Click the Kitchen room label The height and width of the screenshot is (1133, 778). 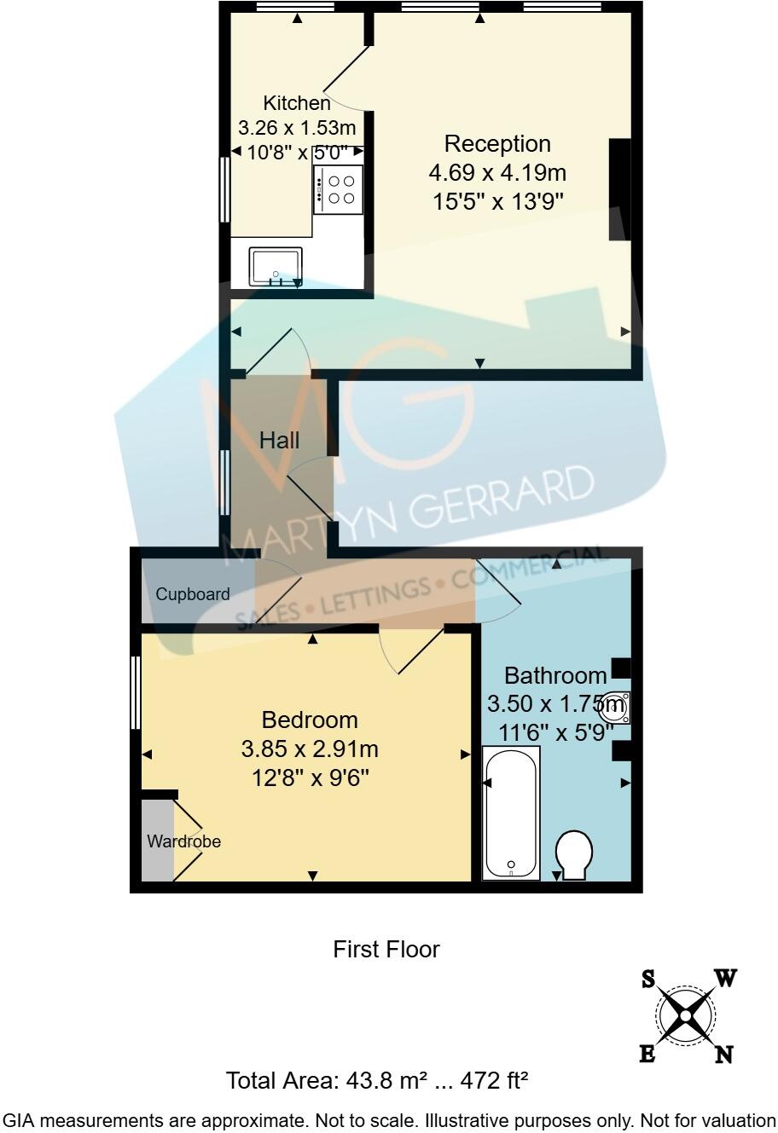click(x=296, y=103)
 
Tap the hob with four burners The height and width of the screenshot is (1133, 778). click(x=339, y=189)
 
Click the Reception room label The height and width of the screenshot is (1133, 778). click(x=497, y=143)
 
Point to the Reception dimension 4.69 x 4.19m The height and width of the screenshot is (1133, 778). click(x=497, y=173)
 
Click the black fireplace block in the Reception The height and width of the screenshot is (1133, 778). click(x=619, y=189)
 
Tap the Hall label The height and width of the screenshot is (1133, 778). click(x=280, y=440)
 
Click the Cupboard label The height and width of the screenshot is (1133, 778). click(x=193, y=594)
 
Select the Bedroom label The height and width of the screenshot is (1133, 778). click(x=310, y=720)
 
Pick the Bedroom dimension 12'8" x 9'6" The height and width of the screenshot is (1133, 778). click(x=310, y=778)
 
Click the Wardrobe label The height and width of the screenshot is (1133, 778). click(x=183, y=841)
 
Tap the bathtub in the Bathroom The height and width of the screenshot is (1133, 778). click(x=511, y=812)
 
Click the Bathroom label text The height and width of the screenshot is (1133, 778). click(x=555, y=676)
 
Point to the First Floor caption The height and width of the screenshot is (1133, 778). click(x=386, y=949)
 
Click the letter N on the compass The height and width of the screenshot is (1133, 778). click(x=723, y=1055)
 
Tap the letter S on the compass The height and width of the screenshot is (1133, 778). click(x=648, y=980)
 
